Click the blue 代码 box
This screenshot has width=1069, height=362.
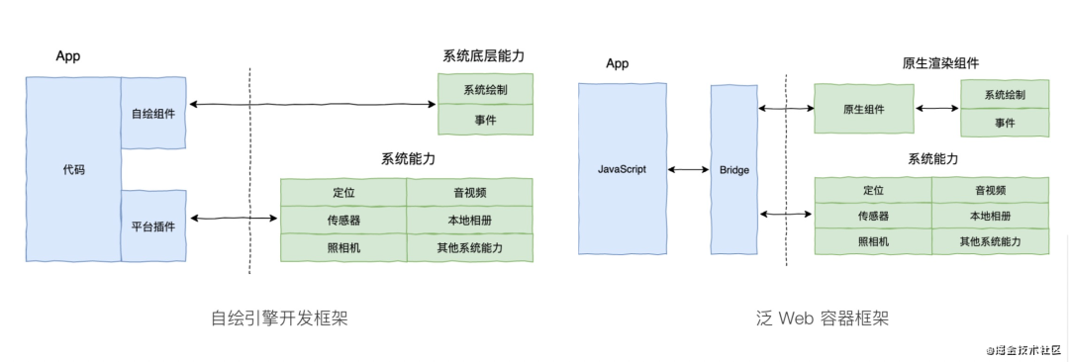[x=73, y=169]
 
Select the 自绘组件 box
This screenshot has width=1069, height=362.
[x=153, y=114]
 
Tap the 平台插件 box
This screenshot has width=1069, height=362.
[x=153, y=226]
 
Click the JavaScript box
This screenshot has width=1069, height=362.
[x=622, y=170]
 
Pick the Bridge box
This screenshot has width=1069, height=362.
[x=733, y=170]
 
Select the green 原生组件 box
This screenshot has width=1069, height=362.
[x=864, y=109]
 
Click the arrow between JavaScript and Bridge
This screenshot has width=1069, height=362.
[x=688, y=170]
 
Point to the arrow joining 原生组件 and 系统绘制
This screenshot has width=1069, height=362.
[x=937, y=109]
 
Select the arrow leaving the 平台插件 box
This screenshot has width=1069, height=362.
[x=234, y=218]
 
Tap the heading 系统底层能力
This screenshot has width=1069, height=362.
[x=484, y=55]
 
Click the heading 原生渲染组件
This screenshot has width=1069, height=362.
[x=940, y=63]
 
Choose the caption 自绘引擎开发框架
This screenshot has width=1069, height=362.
[x=279, y=318]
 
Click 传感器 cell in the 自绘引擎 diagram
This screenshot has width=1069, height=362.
[x=343, y=219]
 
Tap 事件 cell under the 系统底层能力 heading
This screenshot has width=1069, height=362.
[x=485, y=120]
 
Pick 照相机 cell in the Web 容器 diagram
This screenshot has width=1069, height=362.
[x=873, y=240]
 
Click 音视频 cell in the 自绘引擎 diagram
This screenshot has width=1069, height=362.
[x=469, y=191]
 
